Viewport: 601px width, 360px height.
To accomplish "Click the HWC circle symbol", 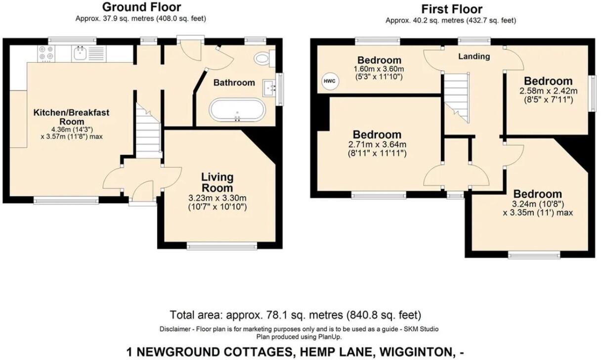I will point(329,81).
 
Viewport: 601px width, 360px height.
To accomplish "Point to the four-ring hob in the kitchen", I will point(46,53).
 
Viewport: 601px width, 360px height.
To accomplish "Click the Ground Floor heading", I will point(141,7).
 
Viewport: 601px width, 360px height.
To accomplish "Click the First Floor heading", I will point(451,9).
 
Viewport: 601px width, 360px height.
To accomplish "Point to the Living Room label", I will point(217,182).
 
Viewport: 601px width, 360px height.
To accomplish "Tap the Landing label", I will point(474,56).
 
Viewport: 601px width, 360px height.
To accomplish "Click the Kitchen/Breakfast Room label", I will point(71,117).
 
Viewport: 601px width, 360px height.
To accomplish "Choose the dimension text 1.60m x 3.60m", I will point(379,69).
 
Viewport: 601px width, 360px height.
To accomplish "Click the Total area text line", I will point(296,315).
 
